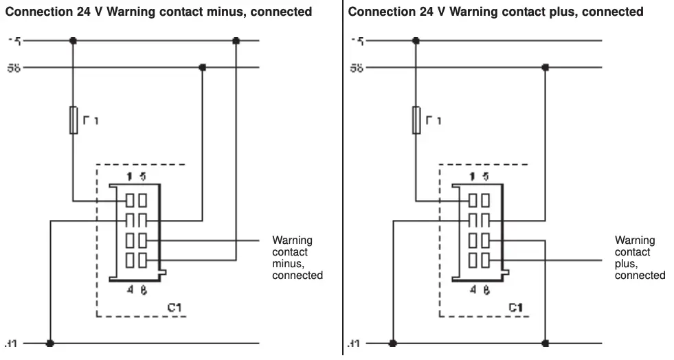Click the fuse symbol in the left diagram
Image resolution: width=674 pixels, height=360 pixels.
pyautogui.click(x=73, y=120)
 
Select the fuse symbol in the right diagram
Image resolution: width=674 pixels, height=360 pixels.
pyautogui.click(x=416, y=120)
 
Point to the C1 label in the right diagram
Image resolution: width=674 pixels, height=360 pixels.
pyautogui.click(x=516, y=307)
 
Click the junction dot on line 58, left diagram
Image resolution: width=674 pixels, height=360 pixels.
pyautogui.click(x=202, y=67)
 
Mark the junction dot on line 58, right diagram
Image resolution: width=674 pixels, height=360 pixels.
pyautogui.click(x=545, y=67)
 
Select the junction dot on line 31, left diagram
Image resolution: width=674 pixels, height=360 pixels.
pyautogui.click(x=49, y=343)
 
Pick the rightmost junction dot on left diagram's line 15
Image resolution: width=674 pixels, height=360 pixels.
pyautogui.click(x=236, y=41)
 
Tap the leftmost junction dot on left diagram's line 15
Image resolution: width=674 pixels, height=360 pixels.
pyautogui.click(x=73, y=41)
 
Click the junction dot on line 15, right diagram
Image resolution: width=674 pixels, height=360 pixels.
pyautogui.click(x=416, y=41)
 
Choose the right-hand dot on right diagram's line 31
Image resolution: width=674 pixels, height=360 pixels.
pyautogui.click(x=545, y=343)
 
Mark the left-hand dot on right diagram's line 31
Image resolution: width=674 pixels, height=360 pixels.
pyautogui.click(x=392, y=343)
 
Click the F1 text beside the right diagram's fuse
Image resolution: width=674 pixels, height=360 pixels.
pyautogui.click(x=433, y=121)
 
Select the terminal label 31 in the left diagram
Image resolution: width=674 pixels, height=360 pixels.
pyautogui.click(x=10, y=343)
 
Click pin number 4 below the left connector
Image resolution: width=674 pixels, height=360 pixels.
pyautogui.click(x=129, y=289)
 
